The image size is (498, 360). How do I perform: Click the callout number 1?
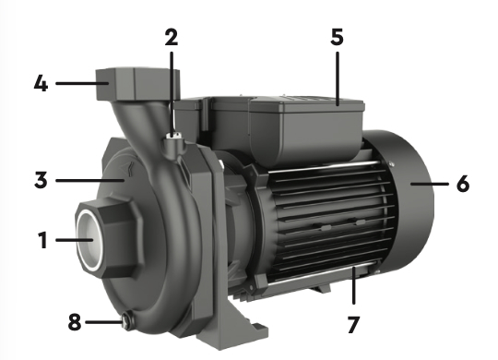point(42,240)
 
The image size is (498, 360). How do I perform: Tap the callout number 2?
point(172,37)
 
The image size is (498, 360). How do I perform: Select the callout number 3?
point(41,180)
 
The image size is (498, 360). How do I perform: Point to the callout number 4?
point(41,84)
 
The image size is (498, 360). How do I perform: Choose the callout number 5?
point(337,37)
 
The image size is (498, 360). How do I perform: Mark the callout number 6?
point(463,184)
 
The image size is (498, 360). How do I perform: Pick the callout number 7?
point(353,324)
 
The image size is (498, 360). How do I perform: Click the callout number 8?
point(75,322)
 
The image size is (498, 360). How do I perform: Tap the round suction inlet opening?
point(89,240)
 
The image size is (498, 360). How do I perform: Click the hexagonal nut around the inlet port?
point(110,237)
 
